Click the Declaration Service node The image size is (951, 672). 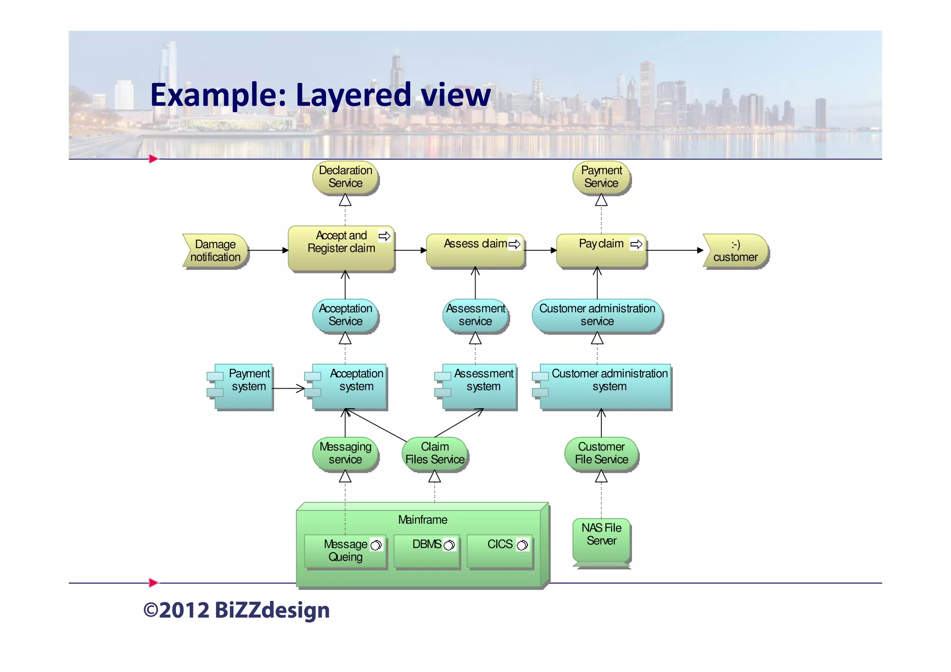345,177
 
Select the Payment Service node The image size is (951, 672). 601,177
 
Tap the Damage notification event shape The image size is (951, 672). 215,251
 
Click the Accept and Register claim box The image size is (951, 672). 341,248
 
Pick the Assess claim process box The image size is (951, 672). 475,251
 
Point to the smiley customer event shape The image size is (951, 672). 736,251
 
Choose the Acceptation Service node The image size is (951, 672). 345,315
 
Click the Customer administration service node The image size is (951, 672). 597,315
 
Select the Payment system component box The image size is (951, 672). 244,386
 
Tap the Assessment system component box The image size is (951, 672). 480,386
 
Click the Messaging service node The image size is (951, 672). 345,453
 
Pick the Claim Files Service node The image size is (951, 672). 435,453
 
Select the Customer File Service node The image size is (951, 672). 601,453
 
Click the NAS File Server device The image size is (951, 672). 601,540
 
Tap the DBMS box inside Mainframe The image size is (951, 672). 427,551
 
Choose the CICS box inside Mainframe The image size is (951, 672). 500,551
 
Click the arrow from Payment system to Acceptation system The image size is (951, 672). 288,388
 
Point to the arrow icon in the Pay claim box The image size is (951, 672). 636,244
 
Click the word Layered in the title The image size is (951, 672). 353,95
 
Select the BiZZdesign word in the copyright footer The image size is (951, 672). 272,610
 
